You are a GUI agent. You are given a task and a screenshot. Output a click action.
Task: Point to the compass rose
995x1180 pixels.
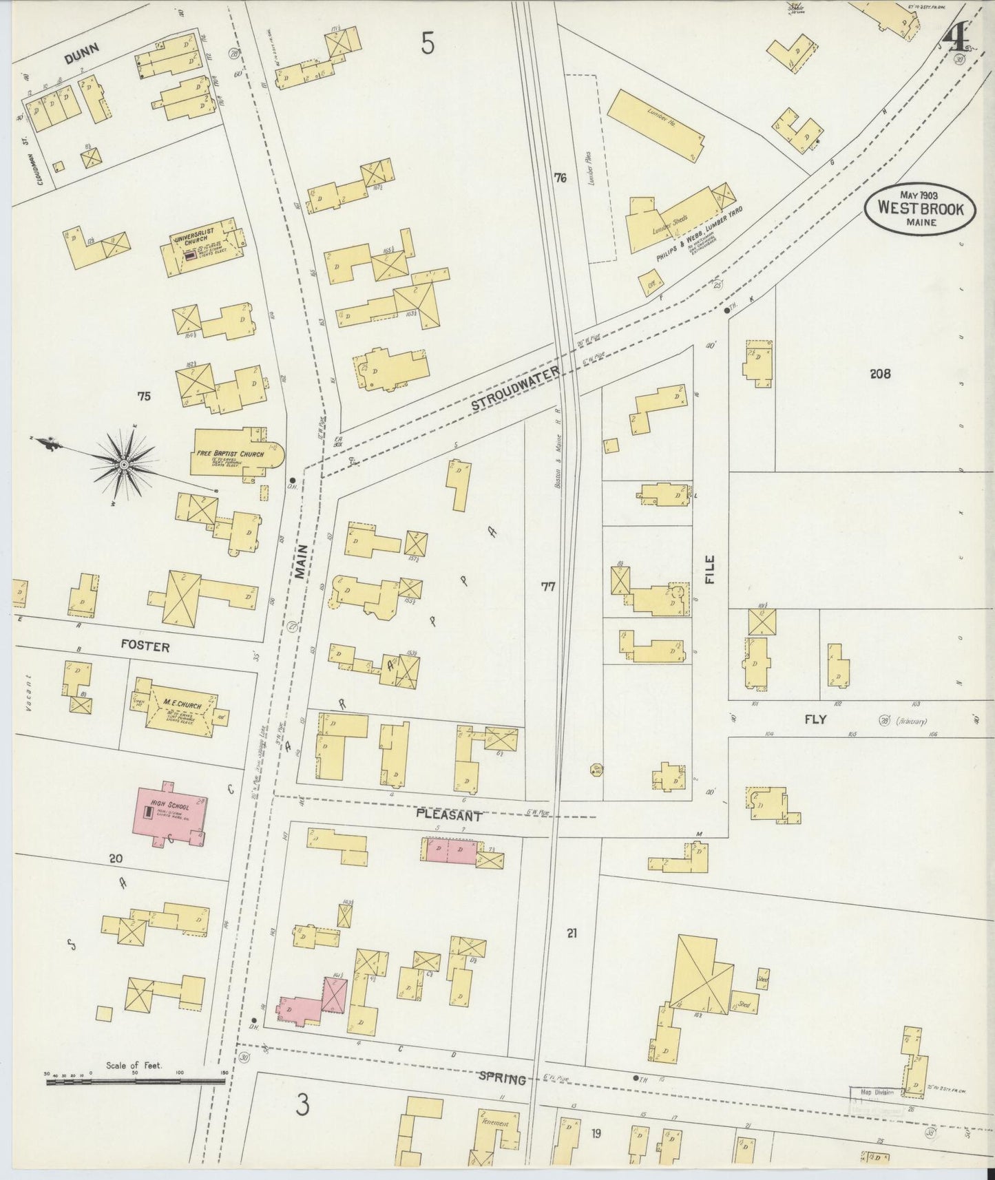pos(124,465)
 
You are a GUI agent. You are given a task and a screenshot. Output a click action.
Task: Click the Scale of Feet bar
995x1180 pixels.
pos(135,1101)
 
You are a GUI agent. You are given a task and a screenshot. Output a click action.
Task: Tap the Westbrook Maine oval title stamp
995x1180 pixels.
pos(920,207)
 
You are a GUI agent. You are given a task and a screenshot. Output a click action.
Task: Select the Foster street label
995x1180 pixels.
pos(145,647)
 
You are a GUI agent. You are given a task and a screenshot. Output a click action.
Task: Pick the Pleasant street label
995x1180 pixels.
pos(448,815)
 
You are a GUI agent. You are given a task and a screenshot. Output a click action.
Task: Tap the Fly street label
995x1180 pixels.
pos(815,720)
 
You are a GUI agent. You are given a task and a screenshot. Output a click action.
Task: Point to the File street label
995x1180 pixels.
pos(710,570)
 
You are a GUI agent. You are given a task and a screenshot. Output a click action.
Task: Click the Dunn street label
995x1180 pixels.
pos(81,53)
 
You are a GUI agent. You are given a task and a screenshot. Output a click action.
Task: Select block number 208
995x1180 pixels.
pos(879,373)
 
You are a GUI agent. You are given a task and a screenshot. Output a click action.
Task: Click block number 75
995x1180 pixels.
pos(143,397)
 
